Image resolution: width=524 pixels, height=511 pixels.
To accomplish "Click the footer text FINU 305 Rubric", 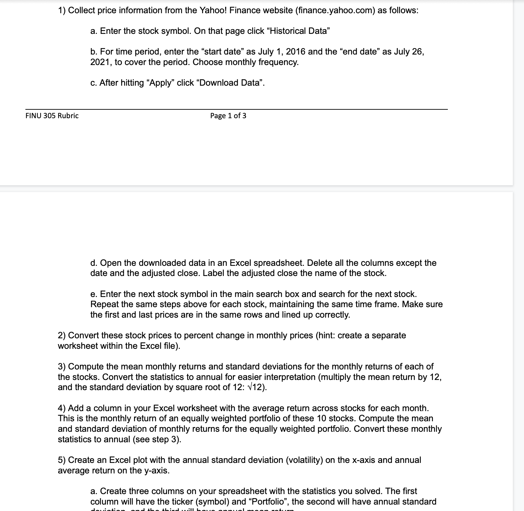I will tap(52, 116).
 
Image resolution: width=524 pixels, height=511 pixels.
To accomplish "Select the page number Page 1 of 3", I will tap(228, 116).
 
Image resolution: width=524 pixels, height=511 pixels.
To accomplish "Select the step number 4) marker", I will tap(62, 408).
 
